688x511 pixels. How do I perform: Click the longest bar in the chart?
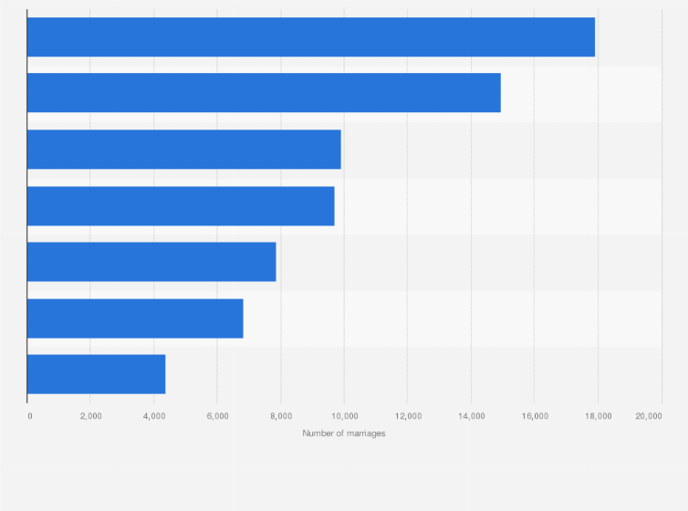coord(310,36)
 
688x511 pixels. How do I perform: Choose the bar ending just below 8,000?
coord(151,262)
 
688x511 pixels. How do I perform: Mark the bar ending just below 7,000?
coord(135,318)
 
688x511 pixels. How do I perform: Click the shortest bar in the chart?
coord(96,374)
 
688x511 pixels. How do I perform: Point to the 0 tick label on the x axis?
coord(30,416)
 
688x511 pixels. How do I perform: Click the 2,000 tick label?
coord(90,416)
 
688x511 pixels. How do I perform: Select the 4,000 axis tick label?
coord(153,416)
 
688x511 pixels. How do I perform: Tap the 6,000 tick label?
coord(217,416)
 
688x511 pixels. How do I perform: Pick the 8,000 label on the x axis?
coord(280,416)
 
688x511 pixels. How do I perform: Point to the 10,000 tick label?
coord(344,416)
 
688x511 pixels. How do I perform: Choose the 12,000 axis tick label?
coord(407,416)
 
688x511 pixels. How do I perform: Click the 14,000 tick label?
coord(471,416)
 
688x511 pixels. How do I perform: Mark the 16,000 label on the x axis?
coord(534,416)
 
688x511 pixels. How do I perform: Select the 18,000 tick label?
coord(598,416)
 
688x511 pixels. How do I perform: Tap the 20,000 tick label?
coord(649,416)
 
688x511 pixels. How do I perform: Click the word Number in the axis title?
coord(318,433)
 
